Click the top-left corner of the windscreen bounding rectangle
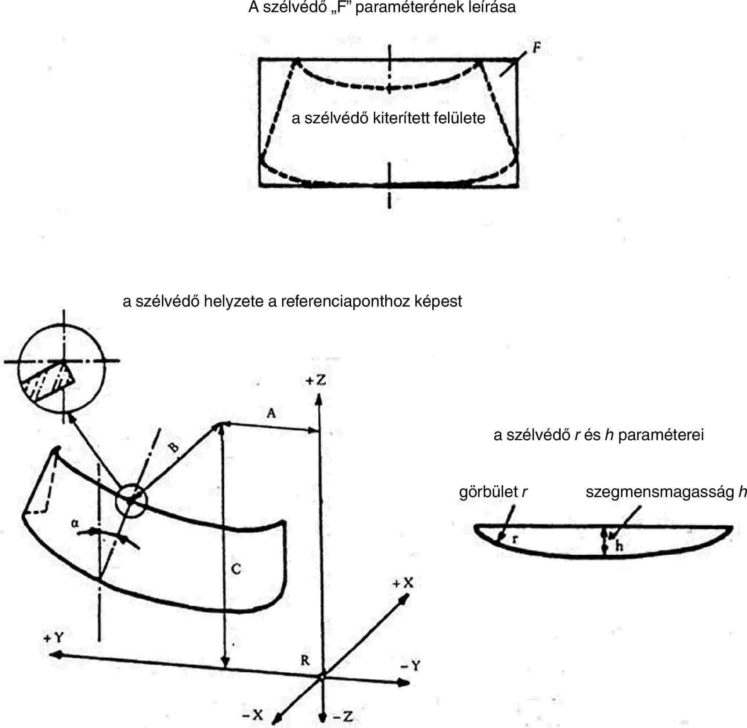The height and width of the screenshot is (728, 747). point(260,59)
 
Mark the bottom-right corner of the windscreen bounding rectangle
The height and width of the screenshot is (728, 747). point(518,186)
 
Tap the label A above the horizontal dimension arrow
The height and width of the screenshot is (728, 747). point(271,413)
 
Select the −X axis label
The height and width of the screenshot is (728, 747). point(253,715)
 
